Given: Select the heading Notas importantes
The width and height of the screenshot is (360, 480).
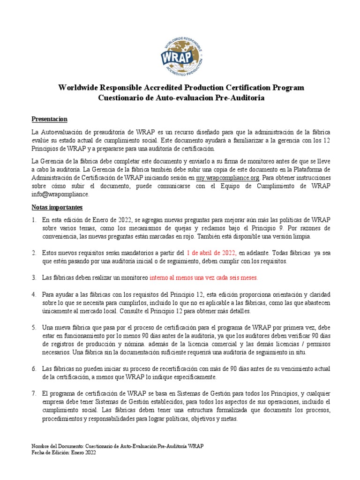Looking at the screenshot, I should point(57,207).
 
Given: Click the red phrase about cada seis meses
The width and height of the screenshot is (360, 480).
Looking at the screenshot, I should point(203,277).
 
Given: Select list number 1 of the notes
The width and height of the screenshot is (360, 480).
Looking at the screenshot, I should point(34,220).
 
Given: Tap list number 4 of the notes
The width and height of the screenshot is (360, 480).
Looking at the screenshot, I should point(34,294).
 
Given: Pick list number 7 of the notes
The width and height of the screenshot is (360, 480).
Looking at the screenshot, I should point(34,394).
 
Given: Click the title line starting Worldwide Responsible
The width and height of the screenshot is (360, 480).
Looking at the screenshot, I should point(181,88).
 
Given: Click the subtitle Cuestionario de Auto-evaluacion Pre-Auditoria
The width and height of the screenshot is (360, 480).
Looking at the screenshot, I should point(181,98).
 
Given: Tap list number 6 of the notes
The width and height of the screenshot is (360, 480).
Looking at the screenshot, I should point(34,369).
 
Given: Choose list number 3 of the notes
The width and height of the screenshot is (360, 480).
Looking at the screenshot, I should point(34,277).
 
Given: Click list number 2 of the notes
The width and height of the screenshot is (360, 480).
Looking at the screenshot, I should point(34,253).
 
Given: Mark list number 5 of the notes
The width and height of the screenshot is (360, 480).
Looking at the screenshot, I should point(34,327).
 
